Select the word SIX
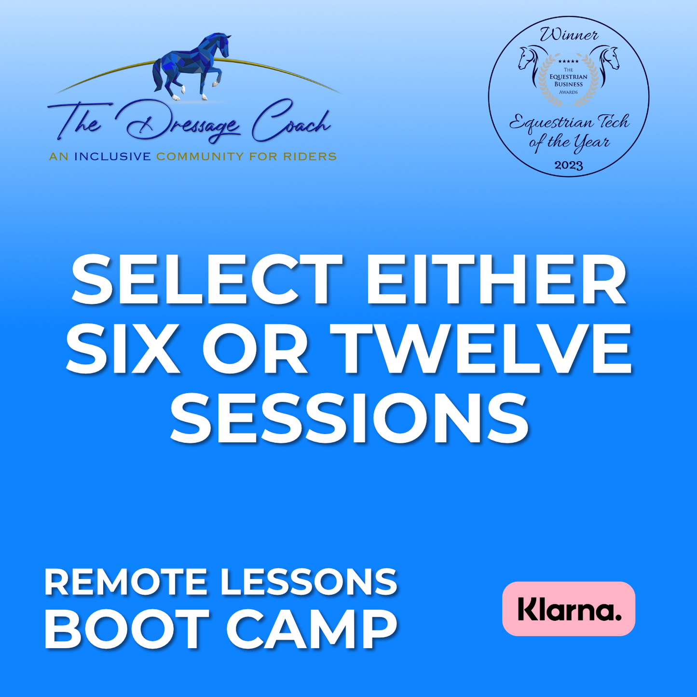pos(123,349)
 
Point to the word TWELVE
pos(481,349)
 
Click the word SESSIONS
pos(349,418)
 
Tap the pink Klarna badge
pos(569,609)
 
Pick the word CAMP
pos(312,630)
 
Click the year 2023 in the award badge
pos(569,165)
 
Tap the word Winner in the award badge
pos(569,35)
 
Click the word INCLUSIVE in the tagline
pos(112,157)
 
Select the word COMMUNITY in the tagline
pos(200,157)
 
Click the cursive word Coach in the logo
pos(291,121)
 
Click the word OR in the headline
pos(255,349)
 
